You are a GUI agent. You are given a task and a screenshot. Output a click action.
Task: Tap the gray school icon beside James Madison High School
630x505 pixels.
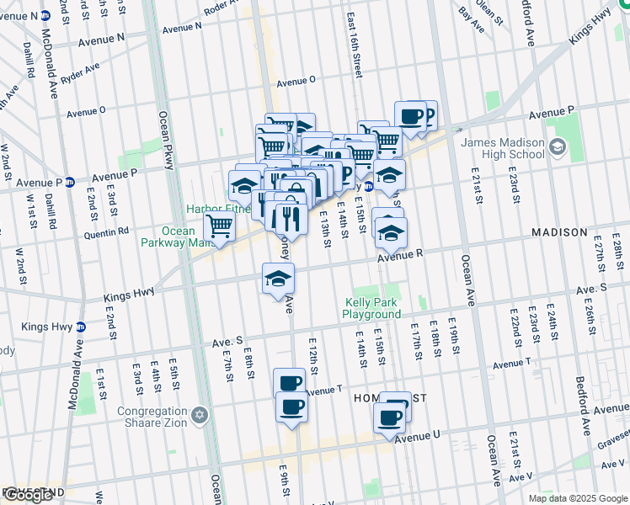point(557,148)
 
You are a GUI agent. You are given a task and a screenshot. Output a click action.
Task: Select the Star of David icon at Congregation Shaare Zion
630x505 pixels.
point(200,415)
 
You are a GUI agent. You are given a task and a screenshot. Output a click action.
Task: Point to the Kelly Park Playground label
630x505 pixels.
point(371,308)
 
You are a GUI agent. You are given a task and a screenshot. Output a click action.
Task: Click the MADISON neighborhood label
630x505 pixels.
point(558,231)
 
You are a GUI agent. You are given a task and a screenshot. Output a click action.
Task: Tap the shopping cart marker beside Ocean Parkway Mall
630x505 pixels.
point(219,226)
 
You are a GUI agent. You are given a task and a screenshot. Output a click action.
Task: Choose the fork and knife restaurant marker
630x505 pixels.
point(291,218)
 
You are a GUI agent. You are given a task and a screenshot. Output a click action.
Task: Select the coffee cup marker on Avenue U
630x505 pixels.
point(389,416)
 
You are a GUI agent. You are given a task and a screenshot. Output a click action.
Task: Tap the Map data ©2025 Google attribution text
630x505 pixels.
point(578,498)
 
